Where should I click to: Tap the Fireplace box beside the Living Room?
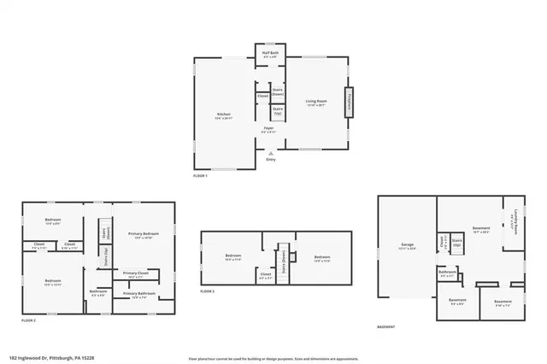(x=349, y=102)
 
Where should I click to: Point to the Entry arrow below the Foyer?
(x=271, y=154)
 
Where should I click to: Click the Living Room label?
(x=317, y=102)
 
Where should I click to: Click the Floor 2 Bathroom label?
(x=98, y=293)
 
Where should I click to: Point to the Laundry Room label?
(x=514, y=224)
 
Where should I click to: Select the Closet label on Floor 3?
(x=266, y=275)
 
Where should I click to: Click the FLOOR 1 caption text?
(x=201, y=174)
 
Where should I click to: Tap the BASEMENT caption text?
(x=386, y=327)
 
